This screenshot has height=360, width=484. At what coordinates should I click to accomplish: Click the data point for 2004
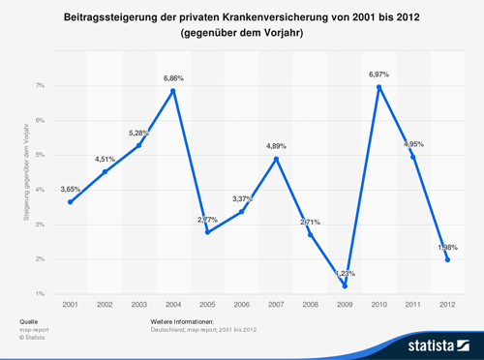(x=173, y=91)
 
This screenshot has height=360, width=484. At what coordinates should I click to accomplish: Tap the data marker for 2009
(x=345, y=285)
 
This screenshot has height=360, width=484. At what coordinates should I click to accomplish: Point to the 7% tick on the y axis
(x=40, y=86)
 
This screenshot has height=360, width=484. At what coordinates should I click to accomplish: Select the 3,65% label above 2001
(x=71, y=189)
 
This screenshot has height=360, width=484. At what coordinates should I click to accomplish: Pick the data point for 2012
(x=447, y=259)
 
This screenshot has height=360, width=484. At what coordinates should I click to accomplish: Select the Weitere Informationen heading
(x=183, y=320)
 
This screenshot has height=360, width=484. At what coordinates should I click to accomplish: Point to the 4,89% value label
(x=277, y=145)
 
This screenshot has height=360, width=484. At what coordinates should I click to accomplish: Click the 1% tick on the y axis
(x=40, y=293)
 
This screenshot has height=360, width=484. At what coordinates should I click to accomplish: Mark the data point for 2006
(x=242, y=211)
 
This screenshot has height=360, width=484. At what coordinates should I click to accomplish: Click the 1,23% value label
(x=345, y=272)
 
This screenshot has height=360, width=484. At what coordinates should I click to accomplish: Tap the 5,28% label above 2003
(x=139, y=132)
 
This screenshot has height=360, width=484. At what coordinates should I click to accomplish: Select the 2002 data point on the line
(x=105, y=171)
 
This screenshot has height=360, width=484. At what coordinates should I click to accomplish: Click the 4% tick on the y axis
(x=40, y=190)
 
